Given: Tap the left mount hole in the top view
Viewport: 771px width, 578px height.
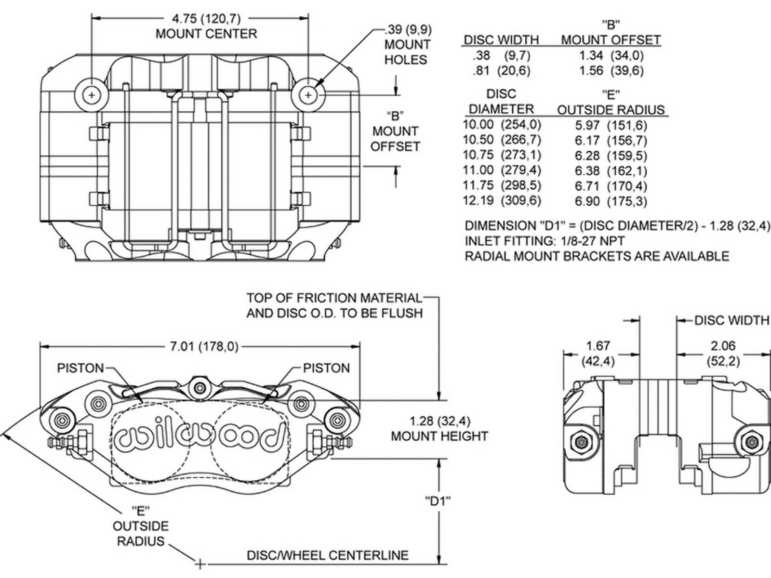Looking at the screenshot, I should coord(92,95).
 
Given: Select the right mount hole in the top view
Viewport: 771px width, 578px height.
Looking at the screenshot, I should coord(308,95).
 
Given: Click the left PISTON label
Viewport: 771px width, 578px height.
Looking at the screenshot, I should coord(80,368).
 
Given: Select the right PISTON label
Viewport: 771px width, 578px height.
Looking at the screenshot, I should coord(326,368).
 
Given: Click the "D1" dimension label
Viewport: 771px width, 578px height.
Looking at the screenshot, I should coord(438,501).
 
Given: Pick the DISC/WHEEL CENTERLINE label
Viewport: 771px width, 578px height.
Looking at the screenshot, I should coord(328,555).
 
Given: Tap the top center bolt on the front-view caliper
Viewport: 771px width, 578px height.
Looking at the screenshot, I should coord(199,386).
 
